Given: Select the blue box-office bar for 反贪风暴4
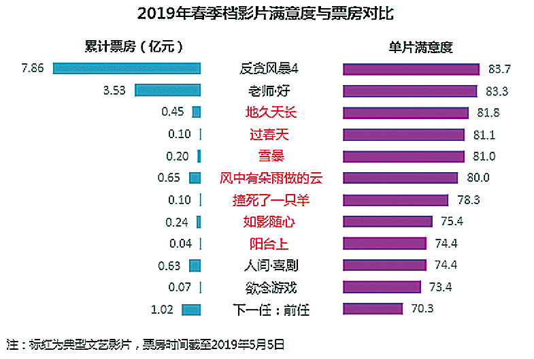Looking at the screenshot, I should click(127, 68).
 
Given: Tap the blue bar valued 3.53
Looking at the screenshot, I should click(167, 90).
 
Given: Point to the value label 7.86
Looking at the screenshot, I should click(33, 68).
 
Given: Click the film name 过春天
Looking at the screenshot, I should click(270, 134).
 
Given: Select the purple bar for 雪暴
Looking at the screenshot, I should click(404, 156).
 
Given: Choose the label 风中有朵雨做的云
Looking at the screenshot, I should click(270, 178).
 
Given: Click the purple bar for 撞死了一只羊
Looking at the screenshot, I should click(396, 200).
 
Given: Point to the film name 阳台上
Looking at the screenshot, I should click(270, 244).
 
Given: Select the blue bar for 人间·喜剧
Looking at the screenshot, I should click(195, 265).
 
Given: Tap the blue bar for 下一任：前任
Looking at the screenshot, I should click(190, 310).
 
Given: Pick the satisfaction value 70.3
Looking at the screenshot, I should click(422, 310).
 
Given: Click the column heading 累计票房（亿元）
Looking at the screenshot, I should click(133, 46).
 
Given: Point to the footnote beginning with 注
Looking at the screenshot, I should click(145, 344).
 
